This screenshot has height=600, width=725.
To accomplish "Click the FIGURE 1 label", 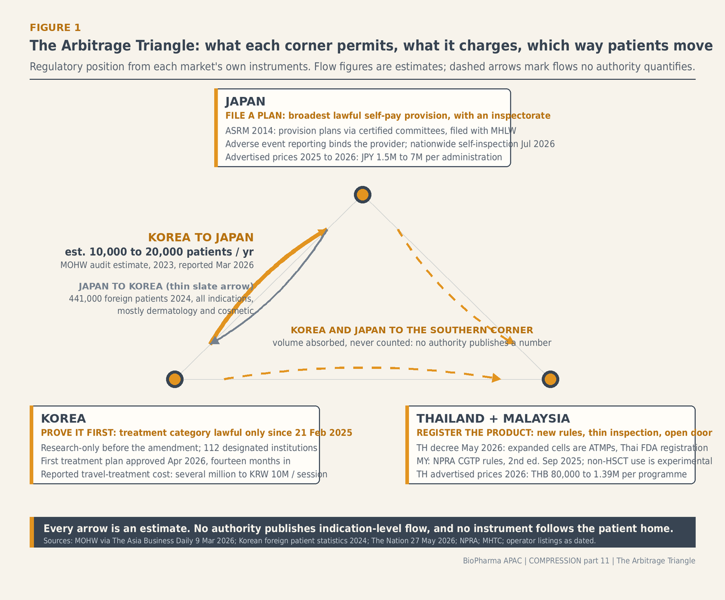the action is tap(55, 28).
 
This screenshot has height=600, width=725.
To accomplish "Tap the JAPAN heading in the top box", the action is tap(245, 101).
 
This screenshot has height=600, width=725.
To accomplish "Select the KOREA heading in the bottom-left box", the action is tap(63, 419).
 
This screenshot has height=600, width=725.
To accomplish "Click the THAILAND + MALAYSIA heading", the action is tap(493, 419).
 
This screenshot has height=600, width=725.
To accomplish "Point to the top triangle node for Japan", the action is tap(362, 194).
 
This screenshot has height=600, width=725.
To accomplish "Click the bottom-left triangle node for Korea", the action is tap(174, 379).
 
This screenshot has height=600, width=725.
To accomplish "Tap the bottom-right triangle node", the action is tap(551, 379).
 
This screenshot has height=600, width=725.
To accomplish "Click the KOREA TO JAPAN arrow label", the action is tap(201, 237).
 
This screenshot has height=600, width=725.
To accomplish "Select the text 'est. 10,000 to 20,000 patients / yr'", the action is tap(159, 252).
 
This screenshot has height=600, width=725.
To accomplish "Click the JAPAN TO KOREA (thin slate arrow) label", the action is tap(166, 286).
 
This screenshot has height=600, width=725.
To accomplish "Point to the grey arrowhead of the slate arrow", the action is tap(215, 341).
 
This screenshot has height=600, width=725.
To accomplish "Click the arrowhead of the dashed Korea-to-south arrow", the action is tap(497, 378).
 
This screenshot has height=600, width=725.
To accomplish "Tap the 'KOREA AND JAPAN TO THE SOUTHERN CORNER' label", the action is tap(412, 330).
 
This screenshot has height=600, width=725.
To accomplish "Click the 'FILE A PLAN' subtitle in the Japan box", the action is tap(388, 116).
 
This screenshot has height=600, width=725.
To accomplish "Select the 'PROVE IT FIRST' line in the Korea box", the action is tap(197, 433).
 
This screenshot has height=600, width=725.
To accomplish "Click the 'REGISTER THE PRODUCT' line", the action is tap(564, 433).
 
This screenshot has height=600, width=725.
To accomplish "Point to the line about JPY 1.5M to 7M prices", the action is tap(364, 158).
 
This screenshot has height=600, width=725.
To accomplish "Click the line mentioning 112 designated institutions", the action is tap(179, 448).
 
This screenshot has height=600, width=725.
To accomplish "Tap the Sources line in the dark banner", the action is tap(319, 541).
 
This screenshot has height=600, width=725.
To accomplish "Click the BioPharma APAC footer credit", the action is tap(579, 561).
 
